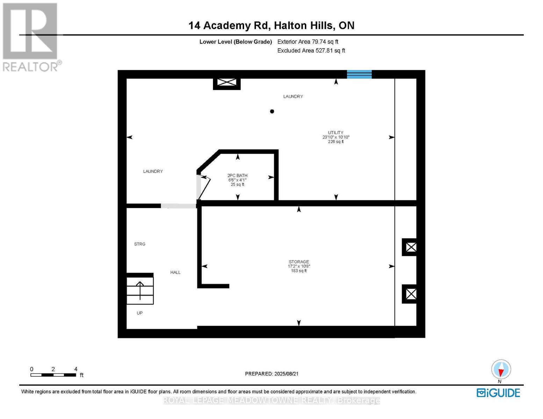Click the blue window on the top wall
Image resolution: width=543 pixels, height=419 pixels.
pos(359,74)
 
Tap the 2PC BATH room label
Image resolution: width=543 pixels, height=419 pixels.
pos(237,176)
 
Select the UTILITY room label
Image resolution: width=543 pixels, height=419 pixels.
pos(336,133)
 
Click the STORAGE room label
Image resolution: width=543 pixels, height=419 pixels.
pos(299,262)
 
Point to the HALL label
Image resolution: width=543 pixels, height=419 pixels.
pos(176,272)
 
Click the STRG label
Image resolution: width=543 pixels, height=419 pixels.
pos(140,244)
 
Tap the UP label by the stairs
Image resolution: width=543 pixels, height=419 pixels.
pos(140,313)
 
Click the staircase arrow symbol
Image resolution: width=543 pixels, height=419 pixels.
pos(140,290)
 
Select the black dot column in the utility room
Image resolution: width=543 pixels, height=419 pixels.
pos(272,111)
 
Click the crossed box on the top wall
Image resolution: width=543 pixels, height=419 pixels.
pos(227,82)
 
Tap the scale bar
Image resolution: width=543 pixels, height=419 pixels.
pos(53,375)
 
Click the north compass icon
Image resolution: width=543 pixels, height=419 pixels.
pos(501,370)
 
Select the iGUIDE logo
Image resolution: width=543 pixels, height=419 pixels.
pos(498,393)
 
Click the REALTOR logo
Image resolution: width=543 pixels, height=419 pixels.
pos(31,37)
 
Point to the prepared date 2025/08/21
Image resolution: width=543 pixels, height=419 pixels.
pos(272,374)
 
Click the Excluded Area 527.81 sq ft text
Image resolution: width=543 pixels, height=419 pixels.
pos(311,51)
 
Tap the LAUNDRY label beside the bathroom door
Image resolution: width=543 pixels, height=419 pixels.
pos(153,171)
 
